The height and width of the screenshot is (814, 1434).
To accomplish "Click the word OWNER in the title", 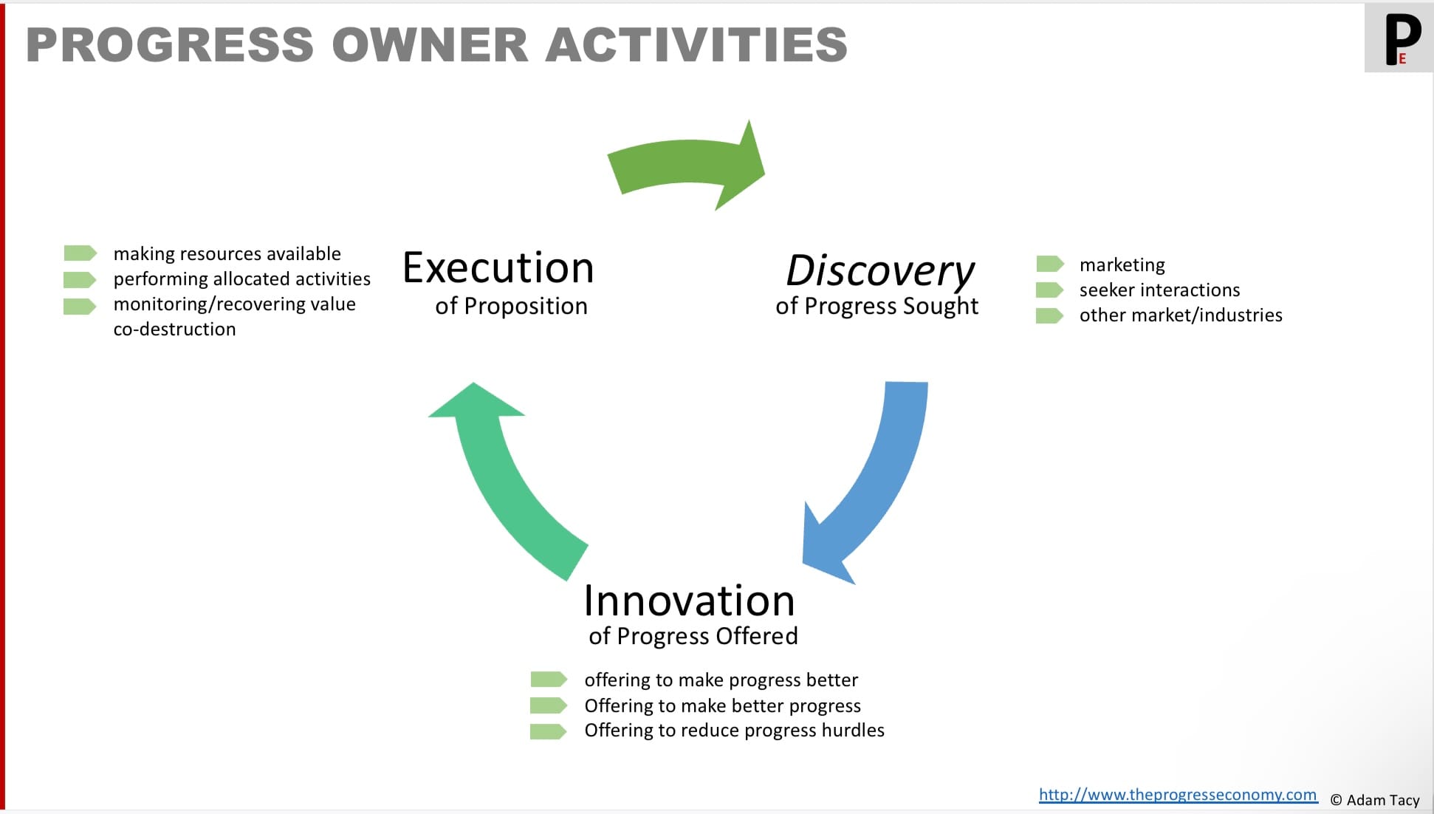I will click(x=430, y=44).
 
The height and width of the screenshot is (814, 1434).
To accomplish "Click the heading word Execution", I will click(x=498, y=268).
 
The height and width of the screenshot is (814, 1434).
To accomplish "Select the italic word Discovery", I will click(x=880, y=270).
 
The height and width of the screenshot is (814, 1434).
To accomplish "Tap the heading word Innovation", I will click(x=689, y=601).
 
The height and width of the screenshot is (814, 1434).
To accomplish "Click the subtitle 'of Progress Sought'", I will click(x=876, y=307).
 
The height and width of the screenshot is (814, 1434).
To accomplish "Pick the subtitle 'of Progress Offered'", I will click(x=693, y=636).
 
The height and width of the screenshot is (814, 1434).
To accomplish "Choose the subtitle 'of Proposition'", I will click(x=511, y=307).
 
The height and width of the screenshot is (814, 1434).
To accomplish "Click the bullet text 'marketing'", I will click(x=1122, y=264).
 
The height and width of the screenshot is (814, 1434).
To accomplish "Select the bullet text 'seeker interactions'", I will click(x=1159, y=290).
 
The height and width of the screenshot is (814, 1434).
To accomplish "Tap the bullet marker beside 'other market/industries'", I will click(x=1049, y=316).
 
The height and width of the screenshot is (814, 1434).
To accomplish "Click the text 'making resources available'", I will click(x=227, y=254).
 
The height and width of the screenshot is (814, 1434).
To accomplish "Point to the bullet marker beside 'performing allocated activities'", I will click(x=80, y=280).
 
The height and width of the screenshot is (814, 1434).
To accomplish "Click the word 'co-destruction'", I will click(x=174, y=329).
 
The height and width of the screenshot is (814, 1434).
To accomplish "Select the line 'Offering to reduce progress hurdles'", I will click(x=734, y=731).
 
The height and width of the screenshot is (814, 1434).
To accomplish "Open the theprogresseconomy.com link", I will click(x=1177, y=795).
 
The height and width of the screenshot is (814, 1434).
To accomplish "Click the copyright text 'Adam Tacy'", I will click(x=1382, y=800).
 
